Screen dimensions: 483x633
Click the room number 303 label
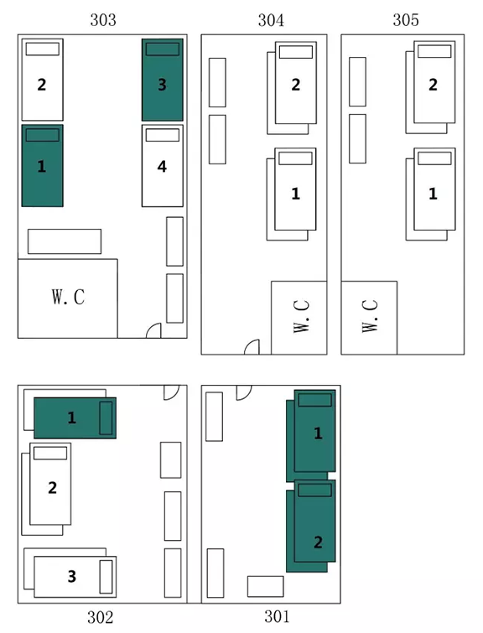[x=103, y=20]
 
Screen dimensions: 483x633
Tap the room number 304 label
[x=271, y=20]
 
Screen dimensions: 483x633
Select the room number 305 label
[x=406, y=20]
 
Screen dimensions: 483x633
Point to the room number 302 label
[x=100, y=617]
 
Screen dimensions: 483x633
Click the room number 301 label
[x=277, y=616]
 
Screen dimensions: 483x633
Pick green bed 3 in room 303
[x=163, y=80]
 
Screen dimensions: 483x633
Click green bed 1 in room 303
[x=43, y=165]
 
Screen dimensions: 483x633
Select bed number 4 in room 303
[x=163, y=165]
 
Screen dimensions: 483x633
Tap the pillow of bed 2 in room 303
[x=43, y=49]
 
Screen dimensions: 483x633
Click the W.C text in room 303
[x=68, y=297]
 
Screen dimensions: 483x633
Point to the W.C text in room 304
[x=301, y=316]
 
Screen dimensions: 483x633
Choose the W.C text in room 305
[x=370, y=316]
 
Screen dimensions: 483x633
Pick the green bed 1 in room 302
[x=75, y=418]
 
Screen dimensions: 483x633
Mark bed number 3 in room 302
[x=75, y=577]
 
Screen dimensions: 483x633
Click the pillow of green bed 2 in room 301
[x=314, y=490]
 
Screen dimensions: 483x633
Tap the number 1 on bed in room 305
[x=433, y=194]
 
